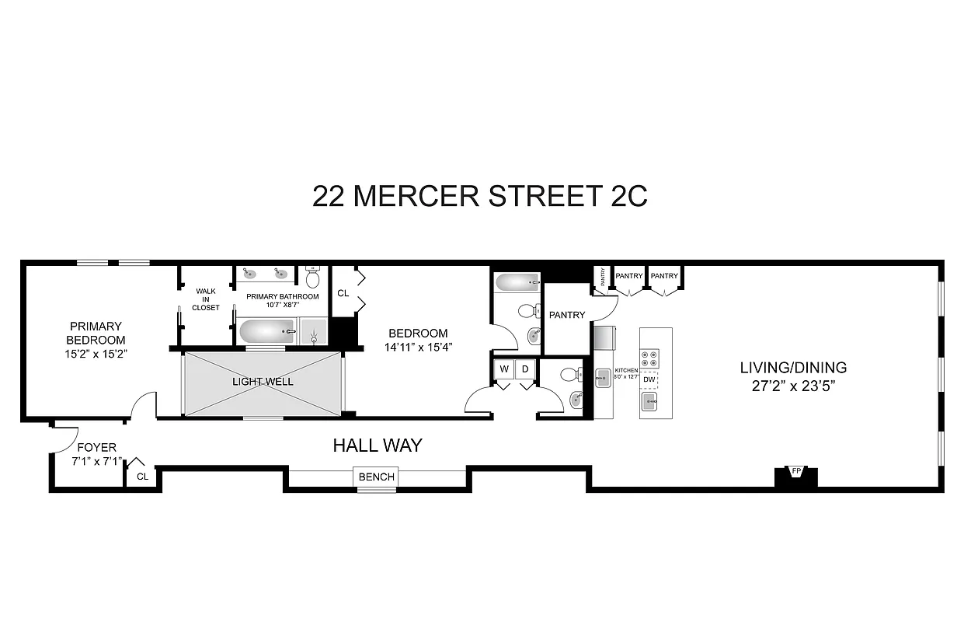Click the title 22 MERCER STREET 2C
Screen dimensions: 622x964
480,196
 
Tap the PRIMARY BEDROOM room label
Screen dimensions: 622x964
96,333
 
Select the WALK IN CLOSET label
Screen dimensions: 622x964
206,299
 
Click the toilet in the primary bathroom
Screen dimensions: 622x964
313,278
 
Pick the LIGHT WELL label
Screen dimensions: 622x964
262,382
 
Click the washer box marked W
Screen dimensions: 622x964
504,369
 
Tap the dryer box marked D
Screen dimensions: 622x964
525,369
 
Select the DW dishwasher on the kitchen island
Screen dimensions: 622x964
649,379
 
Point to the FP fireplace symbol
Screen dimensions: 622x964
796,472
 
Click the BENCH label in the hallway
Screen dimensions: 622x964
377,477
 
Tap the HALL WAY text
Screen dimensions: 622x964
378,446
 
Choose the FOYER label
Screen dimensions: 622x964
96,447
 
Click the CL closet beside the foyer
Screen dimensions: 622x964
142,476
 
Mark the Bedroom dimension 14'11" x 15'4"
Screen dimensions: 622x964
418,348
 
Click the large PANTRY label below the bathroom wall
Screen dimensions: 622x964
566,315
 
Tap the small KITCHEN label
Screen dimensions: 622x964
626,371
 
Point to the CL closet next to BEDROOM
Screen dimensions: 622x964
343,293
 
